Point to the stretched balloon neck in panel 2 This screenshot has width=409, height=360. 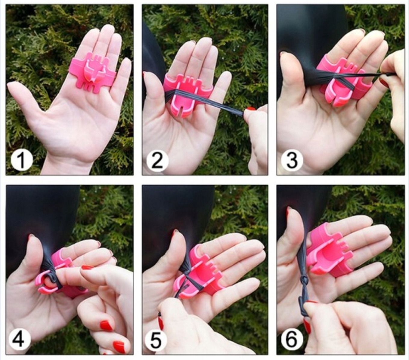tap(210, 103)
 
